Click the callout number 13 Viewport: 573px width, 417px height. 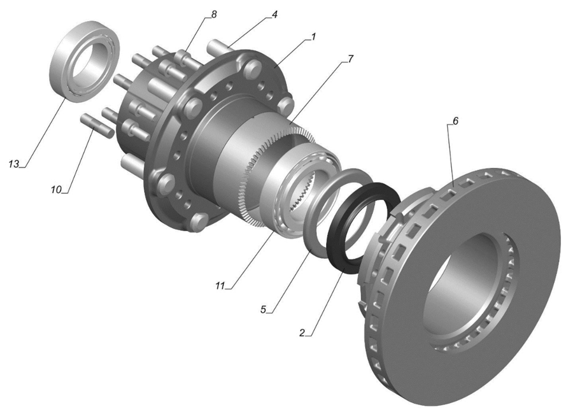tap(14, 164)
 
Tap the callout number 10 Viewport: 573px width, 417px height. tap(56, 190)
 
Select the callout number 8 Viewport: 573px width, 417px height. tap(214, 14)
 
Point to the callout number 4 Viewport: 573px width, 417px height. tap(274, 14)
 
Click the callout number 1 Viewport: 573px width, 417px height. tap(313, 37)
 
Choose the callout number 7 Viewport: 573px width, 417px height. tap(351, 58)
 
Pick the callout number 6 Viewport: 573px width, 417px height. tap(455, 120)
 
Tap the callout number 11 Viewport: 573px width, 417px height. tap(219, 286)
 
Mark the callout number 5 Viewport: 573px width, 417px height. tap(263, 309)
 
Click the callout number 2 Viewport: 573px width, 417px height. tap(302, 333)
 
